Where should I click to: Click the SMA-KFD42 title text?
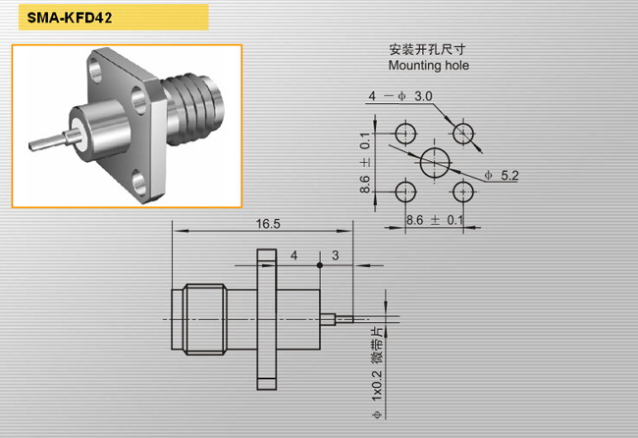coord(69,18)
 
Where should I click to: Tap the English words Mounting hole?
coord(429,65)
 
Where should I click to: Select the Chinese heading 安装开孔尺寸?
coord(427,49)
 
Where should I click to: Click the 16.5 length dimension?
coord(268,224)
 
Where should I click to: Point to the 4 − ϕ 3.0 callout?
coord(399,96)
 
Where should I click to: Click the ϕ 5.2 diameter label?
coord(502,176)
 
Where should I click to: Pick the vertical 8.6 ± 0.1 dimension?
coord(365,162)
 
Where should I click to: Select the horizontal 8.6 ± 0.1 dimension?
coord(435,220)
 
